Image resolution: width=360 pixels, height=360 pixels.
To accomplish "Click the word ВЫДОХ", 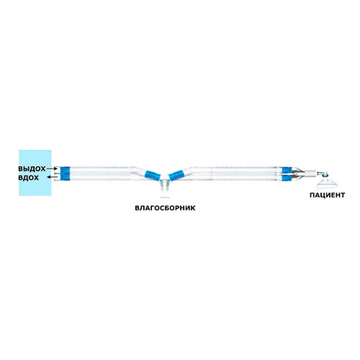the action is [x=32, y=168].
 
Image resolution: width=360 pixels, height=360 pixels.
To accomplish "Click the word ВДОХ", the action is [x=28, y=178].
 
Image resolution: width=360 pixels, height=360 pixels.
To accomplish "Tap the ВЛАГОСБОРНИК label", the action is [x=165, y=208].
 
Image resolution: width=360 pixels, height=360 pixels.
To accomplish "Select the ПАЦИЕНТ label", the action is [x=327, y=195].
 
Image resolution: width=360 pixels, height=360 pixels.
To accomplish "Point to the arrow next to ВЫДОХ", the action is [x=52, y=168].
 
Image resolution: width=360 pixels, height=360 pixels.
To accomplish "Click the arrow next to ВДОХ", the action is [x=52, y=177].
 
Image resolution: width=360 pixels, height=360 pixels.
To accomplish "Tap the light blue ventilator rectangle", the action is [x=35, y=173].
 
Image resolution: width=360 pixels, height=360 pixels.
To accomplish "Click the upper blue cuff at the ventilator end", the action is [x=65, y=170].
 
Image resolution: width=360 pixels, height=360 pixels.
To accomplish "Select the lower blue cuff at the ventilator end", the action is [x=65, y=177].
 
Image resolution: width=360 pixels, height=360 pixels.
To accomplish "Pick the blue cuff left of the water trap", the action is [x=153, y=176].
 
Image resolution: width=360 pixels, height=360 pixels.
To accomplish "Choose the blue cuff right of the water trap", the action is [x=176, y=175].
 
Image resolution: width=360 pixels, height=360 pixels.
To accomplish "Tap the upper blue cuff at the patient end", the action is [x=287, y=170].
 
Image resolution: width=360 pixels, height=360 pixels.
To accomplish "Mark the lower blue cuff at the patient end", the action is [x=287, y=178].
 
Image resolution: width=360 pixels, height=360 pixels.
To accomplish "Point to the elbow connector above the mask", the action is [x=322, y=174].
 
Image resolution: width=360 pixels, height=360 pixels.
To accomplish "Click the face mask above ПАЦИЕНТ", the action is [x=327, y=184].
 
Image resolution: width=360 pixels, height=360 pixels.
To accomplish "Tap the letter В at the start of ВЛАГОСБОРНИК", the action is [x=137, y=208].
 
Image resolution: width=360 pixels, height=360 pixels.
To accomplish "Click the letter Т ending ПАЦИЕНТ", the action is [x=343, y=195].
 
